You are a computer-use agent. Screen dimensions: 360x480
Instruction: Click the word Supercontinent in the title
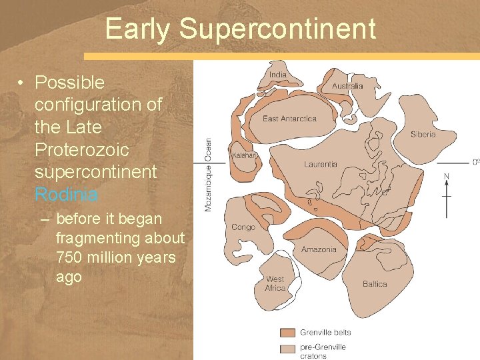click(x=277, y=29)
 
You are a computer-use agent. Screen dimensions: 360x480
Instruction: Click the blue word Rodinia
click(x=66, y=195)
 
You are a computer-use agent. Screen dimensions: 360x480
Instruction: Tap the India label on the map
click(x=277, y=75)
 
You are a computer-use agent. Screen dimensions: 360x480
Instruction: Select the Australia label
click(x=347, y=86)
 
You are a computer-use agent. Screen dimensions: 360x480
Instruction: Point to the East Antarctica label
click(x=289, y=119)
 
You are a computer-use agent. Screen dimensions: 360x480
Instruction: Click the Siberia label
click(x=423, y=134)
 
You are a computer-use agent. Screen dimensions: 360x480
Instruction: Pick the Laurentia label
click(x=321, y=164)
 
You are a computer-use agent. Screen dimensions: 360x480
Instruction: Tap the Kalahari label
click(x=244, y=155)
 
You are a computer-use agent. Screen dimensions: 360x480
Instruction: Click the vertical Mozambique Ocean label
click(x=208, y=175)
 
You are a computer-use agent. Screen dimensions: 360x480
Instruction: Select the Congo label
click(x=243, y=227)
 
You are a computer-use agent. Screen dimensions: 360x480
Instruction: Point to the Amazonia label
click(x=319, y=250)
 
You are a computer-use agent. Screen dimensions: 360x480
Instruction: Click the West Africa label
click(x=275, y=283)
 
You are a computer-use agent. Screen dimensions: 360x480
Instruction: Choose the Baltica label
click(x=375, y=284)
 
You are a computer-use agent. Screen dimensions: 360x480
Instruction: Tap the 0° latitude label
click(x=475, y=162)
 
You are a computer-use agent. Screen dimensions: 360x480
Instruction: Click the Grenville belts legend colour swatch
click(x=287, y=333)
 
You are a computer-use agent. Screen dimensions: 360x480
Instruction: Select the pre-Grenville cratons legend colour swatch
click(x=287, y=348)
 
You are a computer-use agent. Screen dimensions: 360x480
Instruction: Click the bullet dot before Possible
click(x=22, y=83)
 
